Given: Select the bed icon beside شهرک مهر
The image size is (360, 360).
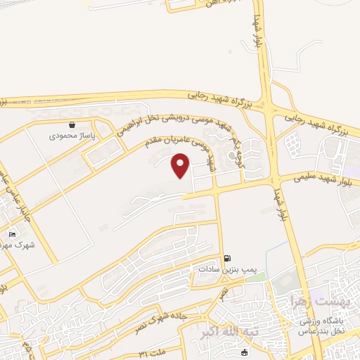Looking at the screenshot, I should pos(12,234).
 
